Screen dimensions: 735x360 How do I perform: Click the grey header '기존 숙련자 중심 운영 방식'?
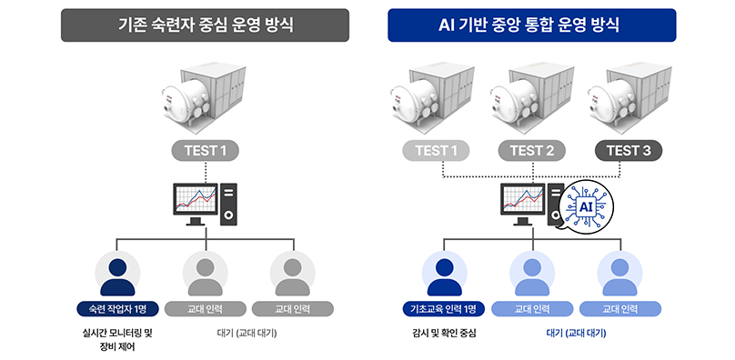point(205,25)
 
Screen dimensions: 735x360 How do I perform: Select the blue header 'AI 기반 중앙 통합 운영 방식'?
point(531,25)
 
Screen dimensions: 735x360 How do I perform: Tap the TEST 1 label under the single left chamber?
point(206,151)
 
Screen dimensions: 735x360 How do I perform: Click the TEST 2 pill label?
point(531,151)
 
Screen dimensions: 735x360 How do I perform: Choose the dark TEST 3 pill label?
point(629,151)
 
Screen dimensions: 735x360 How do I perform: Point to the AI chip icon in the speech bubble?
point(586,206)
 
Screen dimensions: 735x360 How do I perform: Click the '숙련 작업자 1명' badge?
point(117,309)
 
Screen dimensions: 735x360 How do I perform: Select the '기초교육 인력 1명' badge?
point(443,309)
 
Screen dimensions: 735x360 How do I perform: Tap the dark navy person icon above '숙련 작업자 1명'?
point(117,276)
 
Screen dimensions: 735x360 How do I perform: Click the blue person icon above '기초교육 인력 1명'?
point(445,276)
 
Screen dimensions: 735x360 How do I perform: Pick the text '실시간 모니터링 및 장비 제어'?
point(117,340)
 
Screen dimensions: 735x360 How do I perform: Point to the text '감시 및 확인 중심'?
point(444,334)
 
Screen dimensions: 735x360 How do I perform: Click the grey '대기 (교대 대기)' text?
point(247,334)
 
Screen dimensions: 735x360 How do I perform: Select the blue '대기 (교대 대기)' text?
point(577,334)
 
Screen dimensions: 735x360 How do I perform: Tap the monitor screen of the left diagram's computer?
point(196,199)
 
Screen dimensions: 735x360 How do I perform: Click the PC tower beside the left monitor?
point(228,205)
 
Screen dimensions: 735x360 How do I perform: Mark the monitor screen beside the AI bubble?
point(523,199)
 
